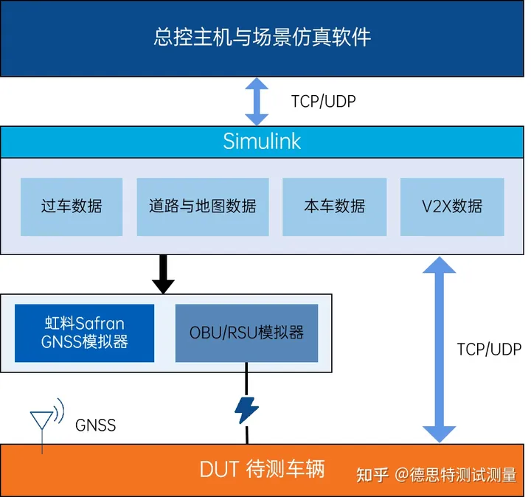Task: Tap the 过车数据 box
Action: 72,206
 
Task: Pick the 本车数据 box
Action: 334,206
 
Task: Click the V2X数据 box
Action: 452,206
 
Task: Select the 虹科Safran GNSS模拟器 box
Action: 84,333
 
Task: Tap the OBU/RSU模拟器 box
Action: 246,333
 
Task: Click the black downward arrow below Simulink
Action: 162,274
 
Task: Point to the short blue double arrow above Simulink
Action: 257,101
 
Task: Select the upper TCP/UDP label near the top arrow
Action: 323,102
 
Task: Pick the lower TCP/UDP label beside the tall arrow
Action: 488,349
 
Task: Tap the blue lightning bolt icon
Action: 246,409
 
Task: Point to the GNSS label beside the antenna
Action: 95,425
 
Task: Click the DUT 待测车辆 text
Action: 262,469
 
